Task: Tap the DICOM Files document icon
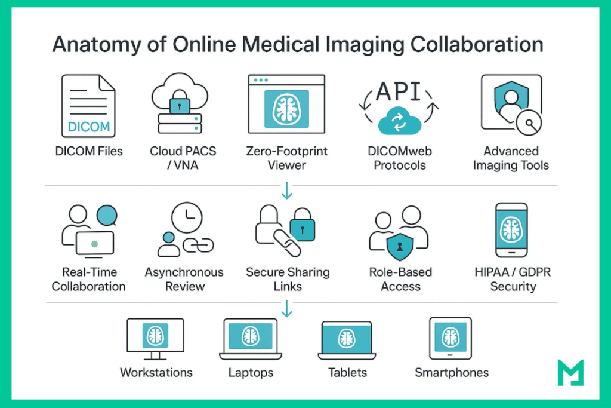click(88, 106)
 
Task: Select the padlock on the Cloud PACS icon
click(180, 105)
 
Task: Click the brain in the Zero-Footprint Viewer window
click(286, 108)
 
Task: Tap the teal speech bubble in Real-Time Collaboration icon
click(107, 215)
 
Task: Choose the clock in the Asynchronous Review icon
click(186, 217)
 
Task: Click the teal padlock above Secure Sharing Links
click(302, 229)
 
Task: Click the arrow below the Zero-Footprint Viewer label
click(287, 191)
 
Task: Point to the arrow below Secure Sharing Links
click(287, 308)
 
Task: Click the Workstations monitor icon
click(155, 338)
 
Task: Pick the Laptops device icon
click(250, 339)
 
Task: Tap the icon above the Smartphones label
click(450, 338)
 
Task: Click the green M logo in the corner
click(569, 372)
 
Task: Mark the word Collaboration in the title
click(471, 46)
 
